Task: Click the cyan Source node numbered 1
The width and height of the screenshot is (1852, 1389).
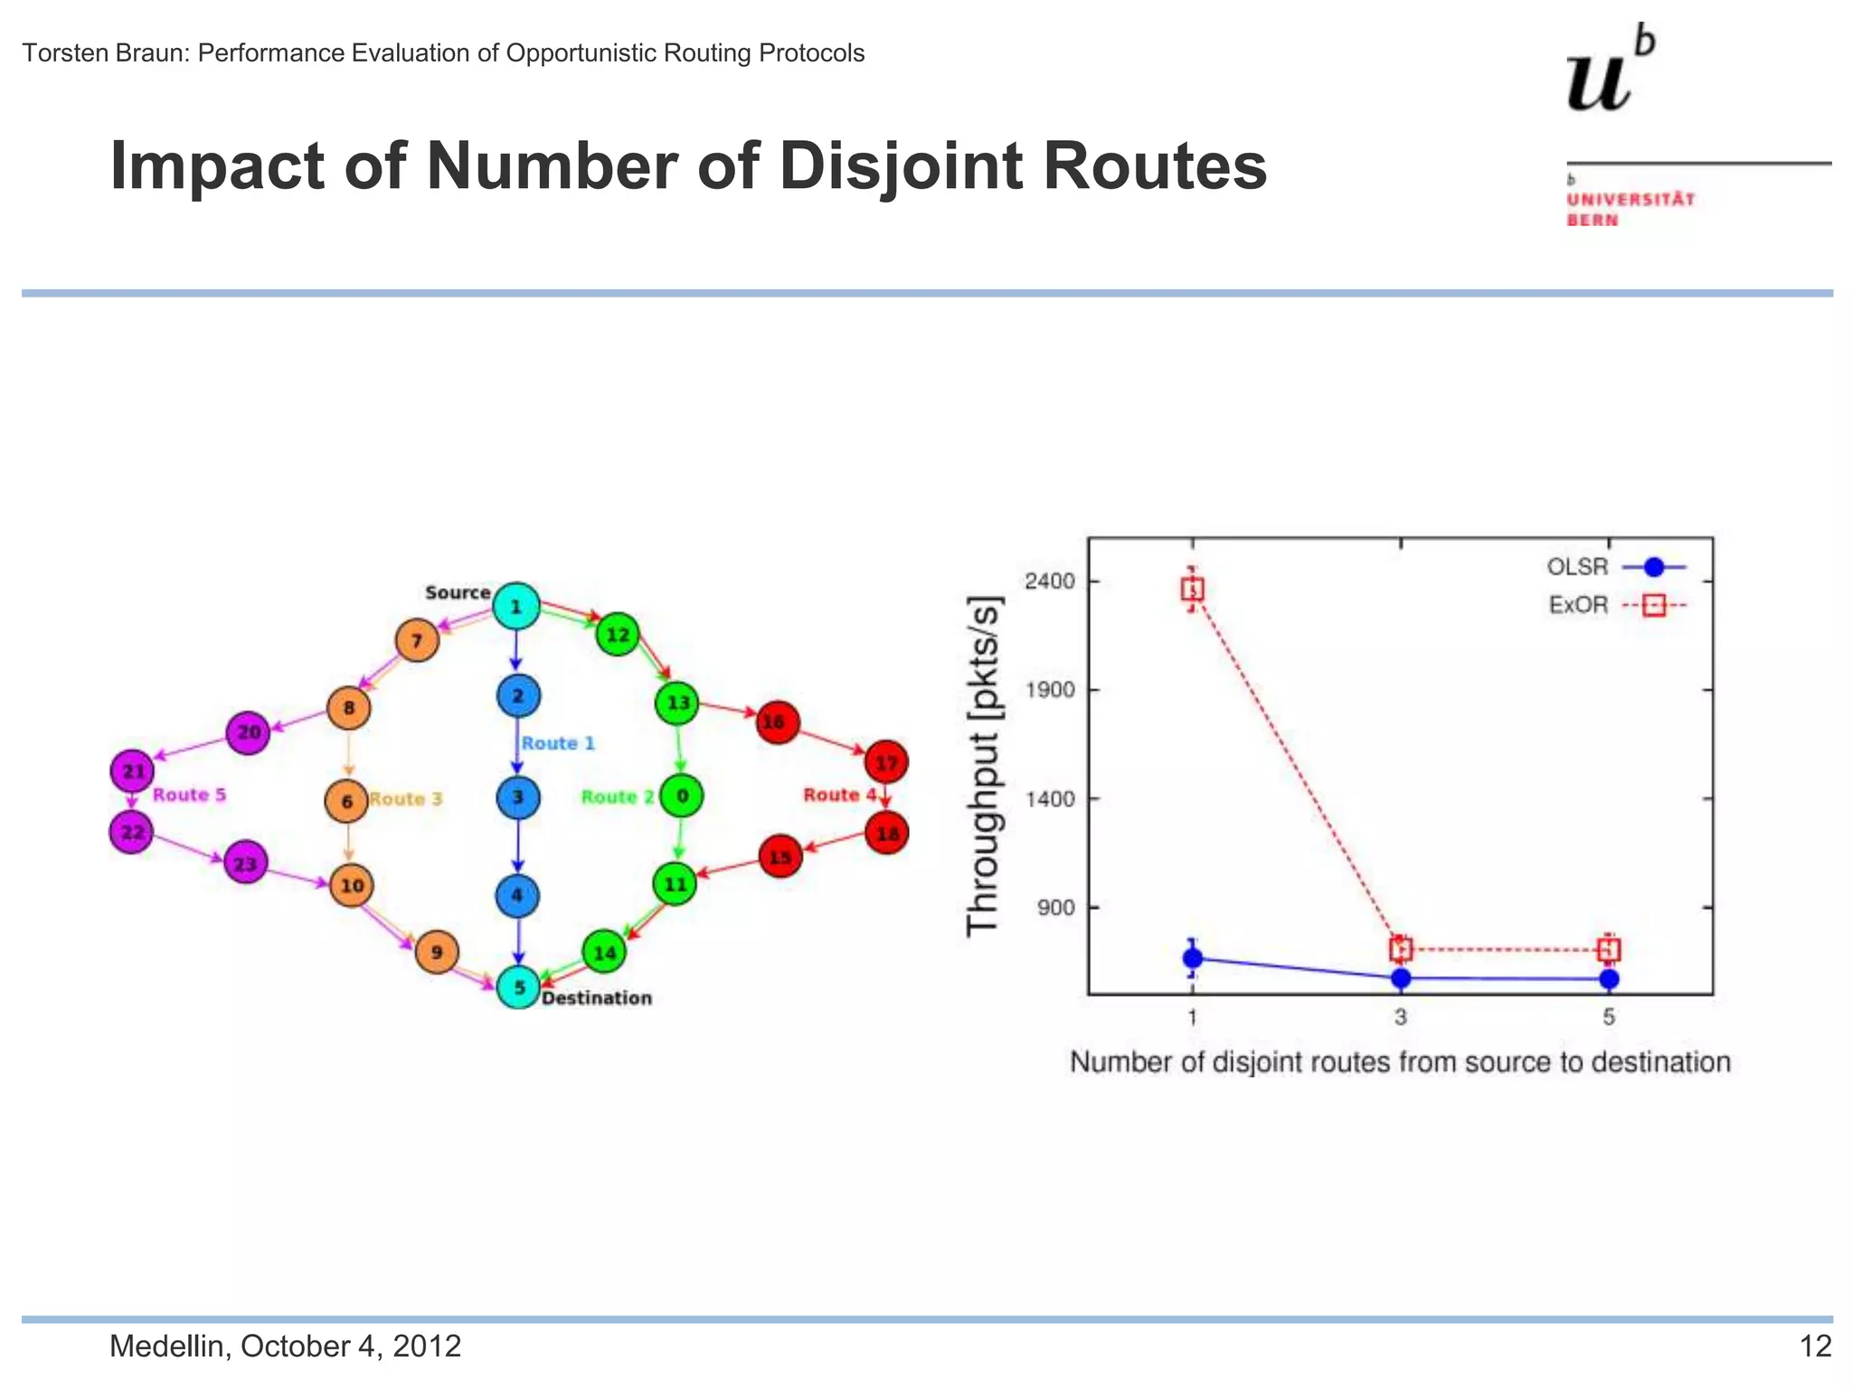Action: point(516,606)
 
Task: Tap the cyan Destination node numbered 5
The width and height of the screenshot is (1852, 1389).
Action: point(519,987)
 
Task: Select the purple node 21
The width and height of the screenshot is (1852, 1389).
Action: point(133,771)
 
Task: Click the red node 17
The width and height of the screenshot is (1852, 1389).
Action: point(886,762)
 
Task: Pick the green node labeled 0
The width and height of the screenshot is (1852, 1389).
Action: point(682,796)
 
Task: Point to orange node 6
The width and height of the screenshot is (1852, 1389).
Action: point(346,801)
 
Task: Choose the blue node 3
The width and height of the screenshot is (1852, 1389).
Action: point(518,798)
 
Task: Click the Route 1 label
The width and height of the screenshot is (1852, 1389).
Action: point(558,743)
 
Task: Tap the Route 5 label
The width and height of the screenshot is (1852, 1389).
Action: point(189,795)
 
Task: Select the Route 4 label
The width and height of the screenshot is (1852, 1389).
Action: point(839,795)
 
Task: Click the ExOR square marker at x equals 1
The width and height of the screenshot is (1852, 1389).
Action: point(1193,590)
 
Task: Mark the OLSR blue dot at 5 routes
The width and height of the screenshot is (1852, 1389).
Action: point(1609,978)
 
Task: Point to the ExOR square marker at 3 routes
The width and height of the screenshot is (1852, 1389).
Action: point(1401,949)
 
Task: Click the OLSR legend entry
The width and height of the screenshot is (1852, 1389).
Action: point(1614,567)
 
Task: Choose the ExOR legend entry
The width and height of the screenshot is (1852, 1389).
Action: point(1614,605)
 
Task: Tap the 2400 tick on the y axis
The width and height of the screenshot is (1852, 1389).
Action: point(1049,581)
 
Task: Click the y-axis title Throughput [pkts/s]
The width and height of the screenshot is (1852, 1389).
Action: point(984,765)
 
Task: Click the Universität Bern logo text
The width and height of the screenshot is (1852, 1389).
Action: point(1630,209)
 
